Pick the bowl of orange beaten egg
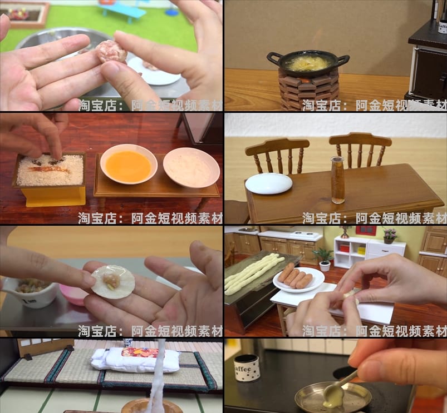pyautogui.click(x=129, y=165)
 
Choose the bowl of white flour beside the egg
pyautogui.click(x=191, y=167)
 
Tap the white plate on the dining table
pyautogui.click(x=268, y=183)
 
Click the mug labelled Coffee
pyautogui.click(x=247, y=367)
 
